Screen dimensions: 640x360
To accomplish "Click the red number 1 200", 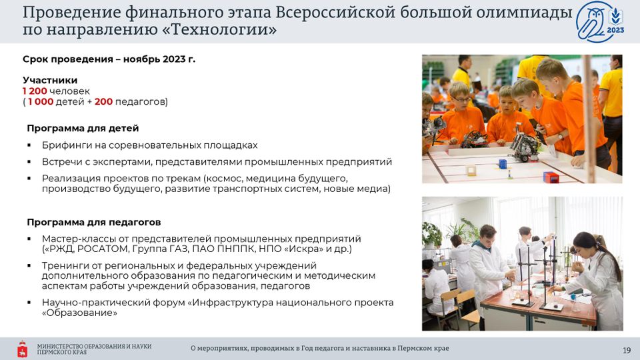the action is coord(35,91).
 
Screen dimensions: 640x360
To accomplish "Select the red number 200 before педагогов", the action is coord(104,101).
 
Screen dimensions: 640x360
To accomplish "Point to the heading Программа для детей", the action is coord(83,128).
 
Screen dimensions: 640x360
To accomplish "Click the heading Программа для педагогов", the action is coord(94,222).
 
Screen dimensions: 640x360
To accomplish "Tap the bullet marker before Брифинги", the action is coord(29,145).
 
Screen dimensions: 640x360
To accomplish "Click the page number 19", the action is coord(627,351).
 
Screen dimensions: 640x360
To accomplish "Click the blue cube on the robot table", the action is coord(503,164).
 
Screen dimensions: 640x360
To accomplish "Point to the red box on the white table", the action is coord(551,177).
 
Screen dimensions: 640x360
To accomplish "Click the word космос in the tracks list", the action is coord(224,179).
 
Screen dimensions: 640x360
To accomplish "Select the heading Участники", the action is coord(50,81).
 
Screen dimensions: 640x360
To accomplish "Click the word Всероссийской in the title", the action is coord(335,13).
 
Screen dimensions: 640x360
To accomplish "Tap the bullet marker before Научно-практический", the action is coord(29,303).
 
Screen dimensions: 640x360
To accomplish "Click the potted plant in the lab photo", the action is coord(431,235).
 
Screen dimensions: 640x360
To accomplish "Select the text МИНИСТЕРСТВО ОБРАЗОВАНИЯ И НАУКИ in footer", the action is coord(94,347).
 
